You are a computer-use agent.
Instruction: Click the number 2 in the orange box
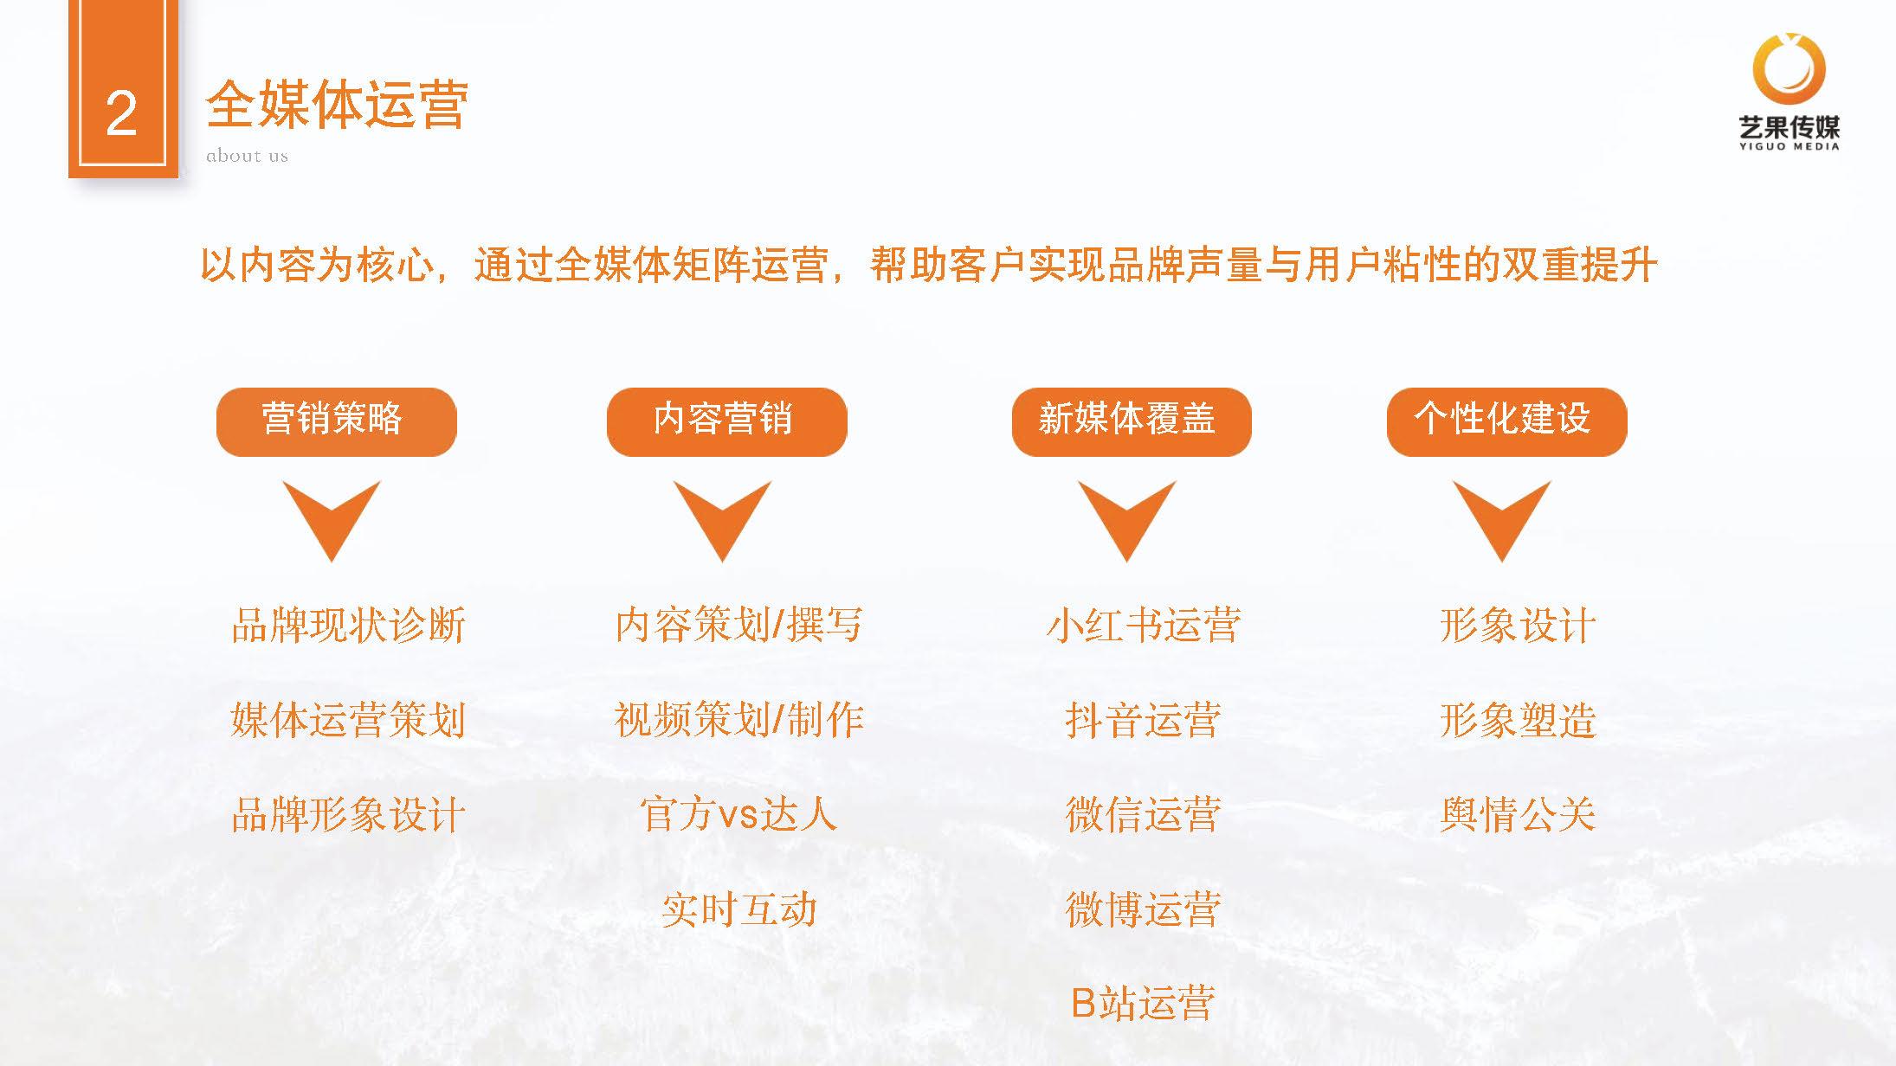click(121, 114)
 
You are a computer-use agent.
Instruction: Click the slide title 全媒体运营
click(337, 106)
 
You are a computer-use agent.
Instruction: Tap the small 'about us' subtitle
click(247, 156)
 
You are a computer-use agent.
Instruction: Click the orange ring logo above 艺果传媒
click(1790, 67)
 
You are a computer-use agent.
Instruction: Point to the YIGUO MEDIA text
click(1790, 146)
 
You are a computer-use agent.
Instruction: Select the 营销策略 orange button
click(336, 421)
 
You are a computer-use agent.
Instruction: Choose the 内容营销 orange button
click(726, 421)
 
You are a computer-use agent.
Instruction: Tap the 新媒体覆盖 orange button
click(1132, 421)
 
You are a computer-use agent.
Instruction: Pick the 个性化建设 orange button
click(1506, 421)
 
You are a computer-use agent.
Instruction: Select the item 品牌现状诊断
click(349, 625)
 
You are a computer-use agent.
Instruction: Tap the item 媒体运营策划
click(349, 719)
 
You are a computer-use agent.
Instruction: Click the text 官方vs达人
click(738, 814)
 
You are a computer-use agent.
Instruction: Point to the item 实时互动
click(738, 909)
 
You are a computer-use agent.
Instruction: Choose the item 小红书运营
click(1144, 625)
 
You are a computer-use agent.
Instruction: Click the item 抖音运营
click(1144, 719)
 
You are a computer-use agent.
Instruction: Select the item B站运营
click(1144, 1003)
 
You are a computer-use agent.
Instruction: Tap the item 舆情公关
click(1518, 814)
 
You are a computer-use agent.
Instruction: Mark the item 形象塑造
click(1518, 719)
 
